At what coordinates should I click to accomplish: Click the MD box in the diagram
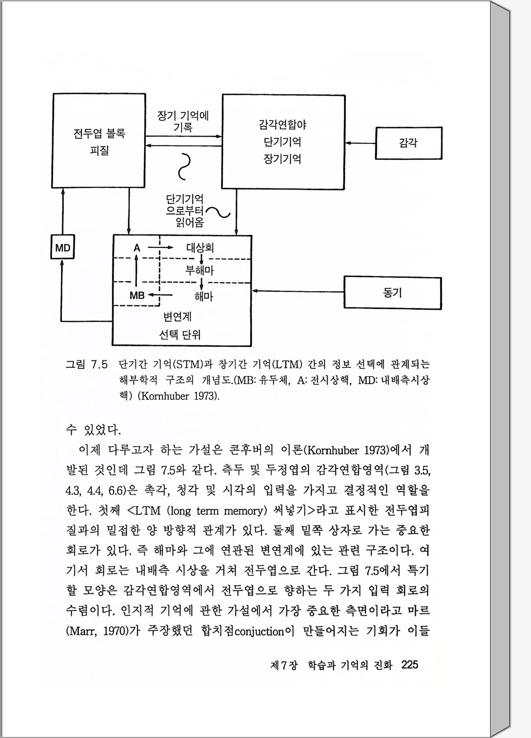[x=63, y=247]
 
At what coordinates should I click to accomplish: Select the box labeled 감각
[x=408, y=143]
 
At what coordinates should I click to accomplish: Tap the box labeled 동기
[x=392, y=293]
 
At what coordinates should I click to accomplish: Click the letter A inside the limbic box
[x=137, y=248]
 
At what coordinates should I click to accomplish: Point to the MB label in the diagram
[x=137, y=295]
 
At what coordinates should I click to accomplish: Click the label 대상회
[x=200, y=248]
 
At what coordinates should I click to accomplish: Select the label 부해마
[x=200, y=270]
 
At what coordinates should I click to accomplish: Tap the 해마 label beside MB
[x=204, y=296]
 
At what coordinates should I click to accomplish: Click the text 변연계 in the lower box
[x=177, y=316]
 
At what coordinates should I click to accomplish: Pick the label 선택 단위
[x=180, y=335]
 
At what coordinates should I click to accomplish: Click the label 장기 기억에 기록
[x=183, y=121]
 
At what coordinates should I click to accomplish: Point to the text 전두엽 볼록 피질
[x=99, y=142]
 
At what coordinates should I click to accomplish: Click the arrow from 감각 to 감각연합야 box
[x=360, y=143]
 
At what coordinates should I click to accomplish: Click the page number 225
[x=410, y=665]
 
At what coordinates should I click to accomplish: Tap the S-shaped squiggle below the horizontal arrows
[x=185, y=166]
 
